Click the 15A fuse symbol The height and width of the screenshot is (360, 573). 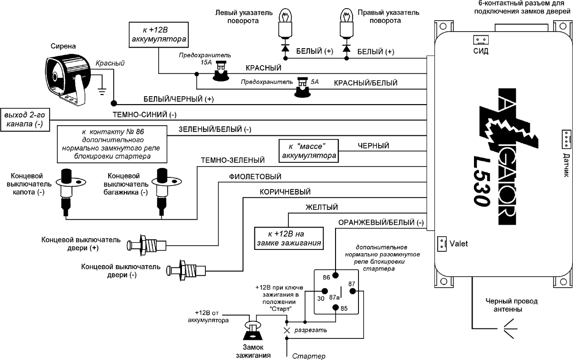(x=221, y=72)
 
